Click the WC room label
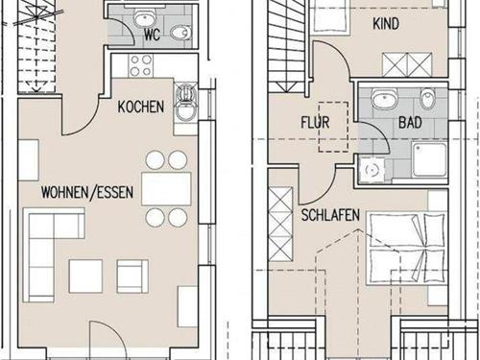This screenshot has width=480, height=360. tap(152, 35)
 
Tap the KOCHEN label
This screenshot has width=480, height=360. tap(141, 107)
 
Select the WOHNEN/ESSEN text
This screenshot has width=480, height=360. tap(87, 192)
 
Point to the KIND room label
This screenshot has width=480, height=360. tap(386, 24)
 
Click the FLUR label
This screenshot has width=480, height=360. tap(315, 122)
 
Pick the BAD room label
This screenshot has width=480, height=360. tap(410, 122)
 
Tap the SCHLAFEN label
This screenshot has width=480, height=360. tap(330, 215)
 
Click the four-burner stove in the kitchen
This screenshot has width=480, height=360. tap(141, 65)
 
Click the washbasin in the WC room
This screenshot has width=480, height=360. tap(144, 17)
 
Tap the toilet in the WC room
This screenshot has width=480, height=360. tap(180, 33)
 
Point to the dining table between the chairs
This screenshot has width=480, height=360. tap(166, 189)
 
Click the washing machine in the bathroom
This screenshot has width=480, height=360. tap(372, 170)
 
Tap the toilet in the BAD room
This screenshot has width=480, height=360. tap(428, 98)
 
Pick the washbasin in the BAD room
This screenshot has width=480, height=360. tap(384, 98)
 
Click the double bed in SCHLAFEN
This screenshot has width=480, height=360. tap(407, 248)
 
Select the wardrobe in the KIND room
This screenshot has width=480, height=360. tap(407, 64)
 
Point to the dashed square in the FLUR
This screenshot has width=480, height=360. tap(333, 127)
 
